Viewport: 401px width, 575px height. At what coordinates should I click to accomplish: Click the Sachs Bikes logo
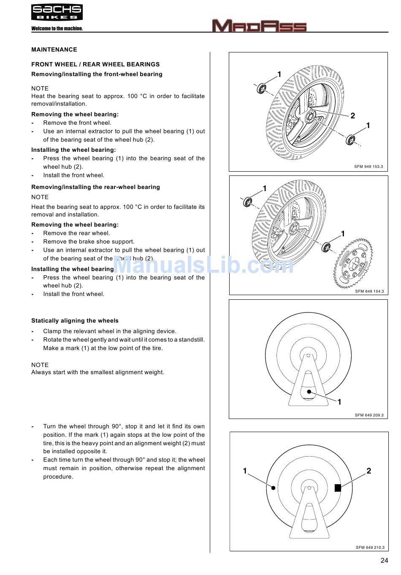57,12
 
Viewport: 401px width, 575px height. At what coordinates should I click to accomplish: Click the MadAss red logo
259,26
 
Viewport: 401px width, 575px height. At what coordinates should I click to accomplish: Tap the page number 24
384,561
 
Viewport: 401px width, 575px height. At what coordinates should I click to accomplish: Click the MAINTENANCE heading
54,49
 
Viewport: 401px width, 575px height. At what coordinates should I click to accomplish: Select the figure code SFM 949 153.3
368,167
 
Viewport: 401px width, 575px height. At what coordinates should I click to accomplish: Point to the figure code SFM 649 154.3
369,291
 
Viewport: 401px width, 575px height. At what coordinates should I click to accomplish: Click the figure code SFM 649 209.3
369,415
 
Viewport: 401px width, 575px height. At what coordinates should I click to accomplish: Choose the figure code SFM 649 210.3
370,548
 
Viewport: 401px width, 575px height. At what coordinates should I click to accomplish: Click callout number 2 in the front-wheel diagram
353,116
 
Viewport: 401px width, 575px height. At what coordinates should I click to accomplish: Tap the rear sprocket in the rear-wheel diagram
354,264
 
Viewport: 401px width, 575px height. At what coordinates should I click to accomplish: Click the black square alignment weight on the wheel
338,488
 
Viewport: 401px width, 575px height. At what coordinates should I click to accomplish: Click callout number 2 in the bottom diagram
368,471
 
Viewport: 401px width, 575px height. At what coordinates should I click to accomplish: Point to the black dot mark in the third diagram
309,392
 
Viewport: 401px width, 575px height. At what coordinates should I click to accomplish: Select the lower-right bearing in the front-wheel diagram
350,140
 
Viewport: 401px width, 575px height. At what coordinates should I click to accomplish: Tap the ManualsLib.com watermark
203,265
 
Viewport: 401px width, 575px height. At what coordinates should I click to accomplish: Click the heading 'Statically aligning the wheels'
75,321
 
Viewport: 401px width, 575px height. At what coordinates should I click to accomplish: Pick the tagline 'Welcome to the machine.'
57,29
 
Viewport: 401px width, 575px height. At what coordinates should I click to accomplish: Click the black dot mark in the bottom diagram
274,488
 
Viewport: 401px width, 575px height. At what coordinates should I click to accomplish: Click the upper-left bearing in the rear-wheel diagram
248,202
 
